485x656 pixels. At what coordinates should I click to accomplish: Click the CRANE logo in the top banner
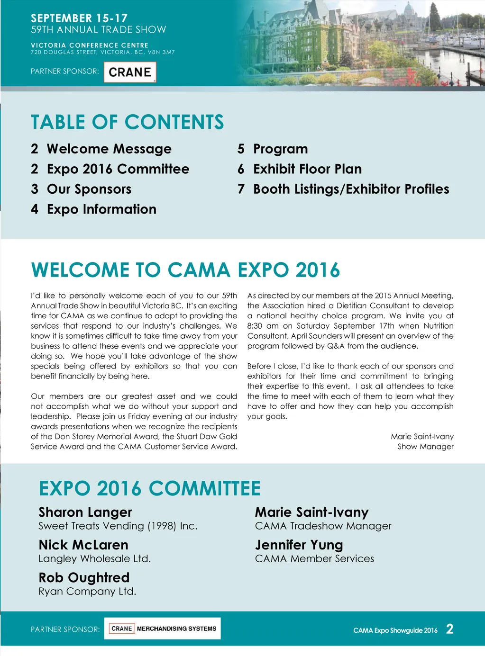tap(130, 72)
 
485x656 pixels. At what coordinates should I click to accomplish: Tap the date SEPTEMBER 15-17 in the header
tap(79, 18)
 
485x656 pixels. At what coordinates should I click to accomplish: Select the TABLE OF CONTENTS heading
tap(127, 122)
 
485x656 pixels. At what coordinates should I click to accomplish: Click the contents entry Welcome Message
tap(109, 149)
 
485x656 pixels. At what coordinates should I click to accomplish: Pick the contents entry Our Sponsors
tap(89, 189)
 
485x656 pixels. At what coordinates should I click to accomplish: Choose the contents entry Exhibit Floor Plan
tap(307, 169)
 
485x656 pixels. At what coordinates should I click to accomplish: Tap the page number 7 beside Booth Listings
tap(241, 189)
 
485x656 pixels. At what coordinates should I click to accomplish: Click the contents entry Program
tap(280, 149)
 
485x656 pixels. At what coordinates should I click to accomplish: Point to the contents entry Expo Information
tap(101, 209)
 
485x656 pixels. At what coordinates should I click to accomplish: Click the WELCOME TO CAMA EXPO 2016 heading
tap(185, 270)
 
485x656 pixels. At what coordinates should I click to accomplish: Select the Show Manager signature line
tap(425, 447)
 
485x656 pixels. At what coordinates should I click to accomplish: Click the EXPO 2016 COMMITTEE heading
tap(149, 488)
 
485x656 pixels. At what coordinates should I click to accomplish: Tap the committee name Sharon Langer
tap(85, 512)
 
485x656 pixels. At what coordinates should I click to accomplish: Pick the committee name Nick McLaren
tap(83, 545)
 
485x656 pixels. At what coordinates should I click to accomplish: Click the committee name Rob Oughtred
tap(84, 578)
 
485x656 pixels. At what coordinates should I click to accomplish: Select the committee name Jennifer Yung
tap(299, 545)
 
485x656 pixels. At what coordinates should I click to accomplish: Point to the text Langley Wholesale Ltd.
tap(94, 559)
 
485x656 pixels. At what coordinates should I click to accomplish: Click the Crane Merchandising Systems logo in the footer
tap(163, 629)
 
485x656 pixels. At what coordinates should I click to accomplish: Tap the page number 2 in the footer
tap(449, 629)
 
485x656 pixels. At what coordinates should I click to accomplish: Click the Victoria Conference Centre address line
tap(102, 53)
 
